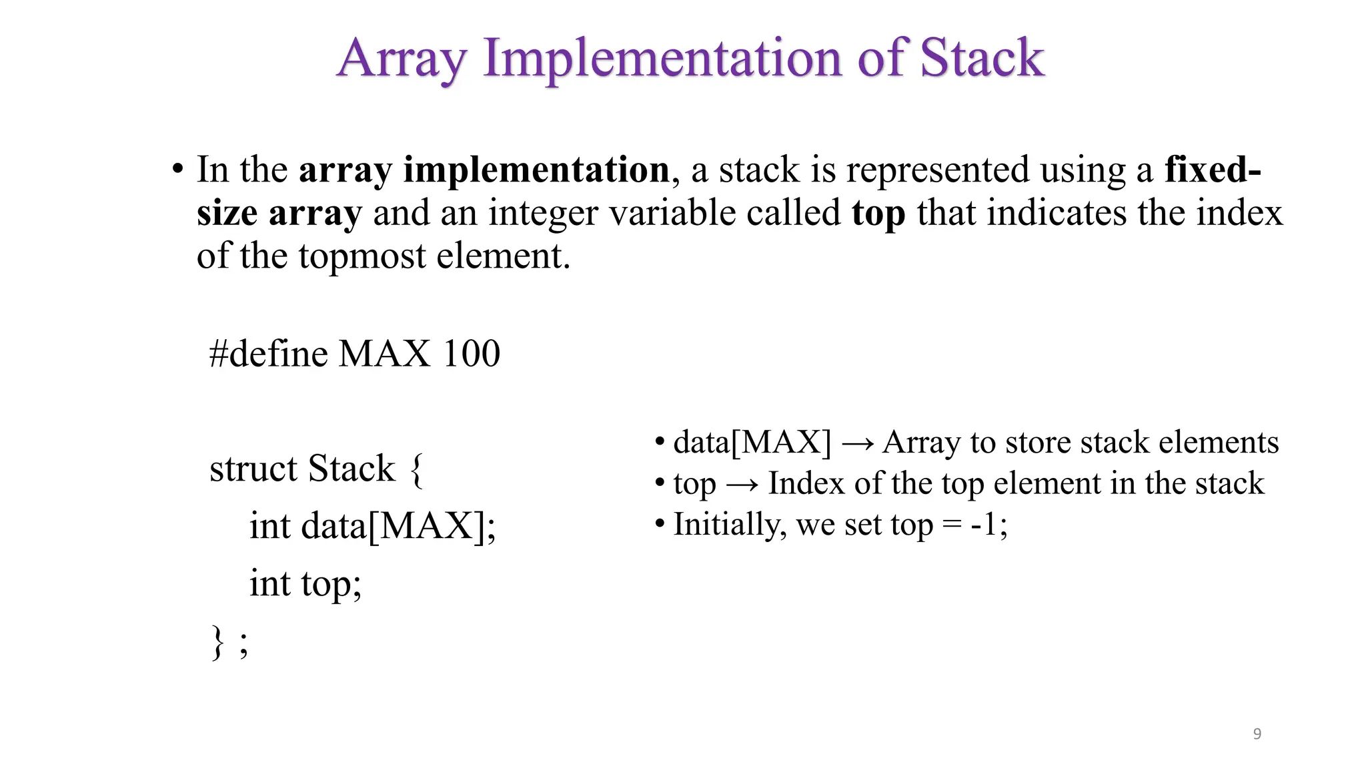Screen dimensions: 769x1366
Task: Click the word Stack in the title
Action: tap(982, 58)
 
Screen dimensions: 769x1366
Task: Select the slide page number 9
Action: tap(1257, 734)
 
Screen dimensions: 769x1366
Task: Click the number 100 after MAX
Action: tap(471, 353)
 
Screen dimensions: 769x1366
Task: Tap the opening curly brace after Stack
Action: tap(416, 469)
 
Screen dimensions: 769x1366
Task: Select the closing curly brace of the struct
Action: tap(217, 642)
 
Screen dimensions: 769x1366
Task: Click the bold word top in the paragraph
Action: tap(878, 213)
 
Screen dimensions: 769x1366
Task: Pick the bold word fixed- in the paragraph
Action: tap(1212, 170)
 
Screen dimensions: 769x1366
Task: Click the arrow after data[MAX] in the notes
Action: tap(857, 443)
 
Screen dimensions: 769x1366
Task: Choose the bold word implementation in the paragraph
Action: tap(536, 170)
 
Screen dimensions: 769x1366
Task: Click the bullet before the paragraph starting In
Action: tap(177, 170)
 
